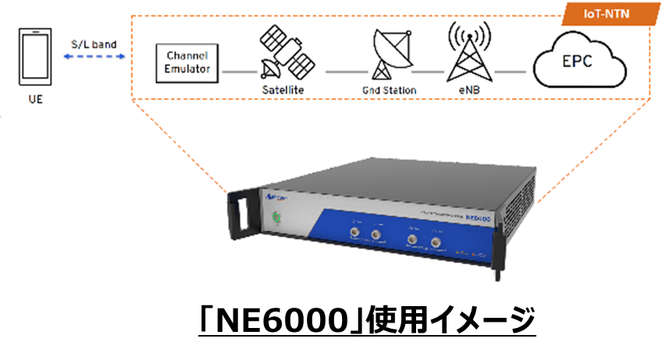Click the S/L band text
(x=94, y=45)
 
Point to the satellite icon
(x=282, y=52)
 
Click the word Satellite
(x=282, y=91)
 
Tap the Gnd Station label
(x=390, y=91)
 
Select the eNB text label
(x=468, y=91)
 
